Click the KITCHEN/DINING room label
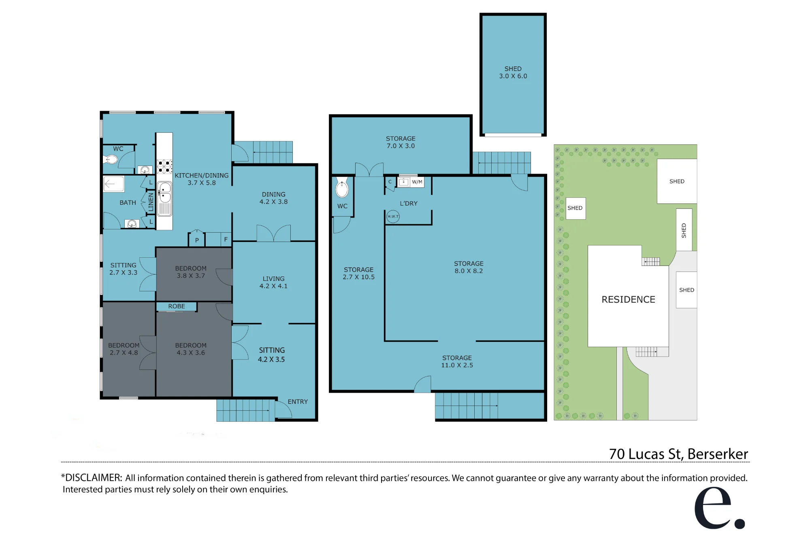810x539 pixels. coord(202,179)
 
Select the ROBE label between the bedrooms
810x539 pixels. coord(177,306)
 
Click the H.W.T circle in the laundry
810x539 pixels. coord(393,216)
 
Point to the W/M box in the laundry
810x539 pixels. coord(417,182)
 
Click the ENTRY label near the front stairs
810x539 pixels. coord(298,401)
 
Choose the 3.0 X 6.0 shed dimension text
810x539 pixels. coord(513,76)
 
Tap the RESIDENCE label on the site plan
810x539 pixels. coord(628,299)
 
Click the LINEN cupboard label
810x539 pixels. coord(151,202)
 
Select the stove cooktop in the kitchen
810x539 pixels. coord(164,167)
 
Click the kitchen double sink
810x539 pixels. coord(164,193)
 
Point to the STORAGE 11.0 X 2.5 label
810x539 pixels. coord(457,361)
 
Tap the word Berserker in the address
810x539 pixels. coord(718,454)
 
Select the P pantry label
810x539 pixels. coord(197,240)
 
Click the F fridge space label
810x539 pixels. coord(226,240)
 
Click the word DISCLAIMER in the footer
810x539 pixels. coord(93,478)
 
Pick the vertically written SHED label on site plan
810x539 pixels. coord(684,230)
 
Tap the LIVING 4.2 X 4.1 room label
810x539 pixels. coord(273,282)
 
